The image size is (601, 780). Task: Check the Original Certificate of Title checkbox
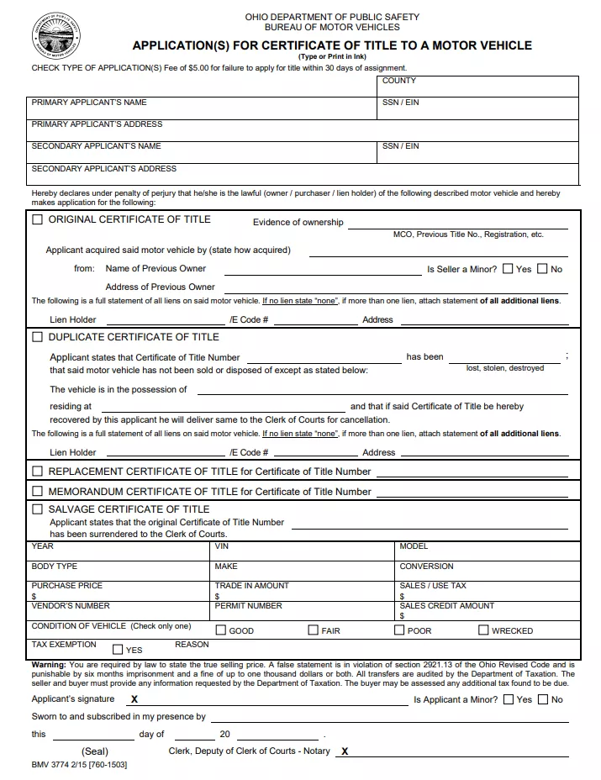[37, 220]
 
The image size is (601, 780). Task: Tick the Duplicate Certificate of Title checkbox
[37, 337]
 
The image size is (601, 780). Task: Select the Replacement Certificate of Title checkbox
[37, 472]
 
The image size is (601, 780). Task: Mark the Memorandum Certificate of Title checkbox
[37, 491]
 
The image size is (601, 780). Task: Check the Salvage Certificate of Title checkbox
[37, 509]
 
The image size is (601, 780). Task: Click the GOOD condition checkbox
[221, 630]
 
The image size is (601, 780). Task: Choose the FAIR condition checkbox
[313, 630]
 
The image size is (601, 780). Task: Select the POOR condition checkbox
[400, 630]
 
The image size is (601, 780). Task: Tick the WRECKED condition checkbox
[483, 630]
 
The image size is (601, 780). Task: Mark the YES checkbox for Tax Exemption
[118, 650]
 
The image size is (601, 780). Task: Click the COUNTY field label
[398, 82]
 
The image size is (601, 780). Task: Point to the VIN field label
[222, 546]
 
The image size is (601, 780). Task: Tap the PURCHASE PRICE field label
[66, 586]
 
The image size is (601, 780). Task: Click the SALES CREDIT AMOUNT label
[446, 606]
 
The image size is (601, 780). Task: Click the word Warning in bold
[48, 665]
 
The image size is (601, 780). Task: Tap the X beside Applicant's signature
[134, 699]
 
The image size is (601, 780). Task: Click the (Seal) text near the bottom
[95, 751]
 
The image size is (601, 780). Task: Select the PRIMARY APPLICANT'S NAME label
[89, 103]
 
